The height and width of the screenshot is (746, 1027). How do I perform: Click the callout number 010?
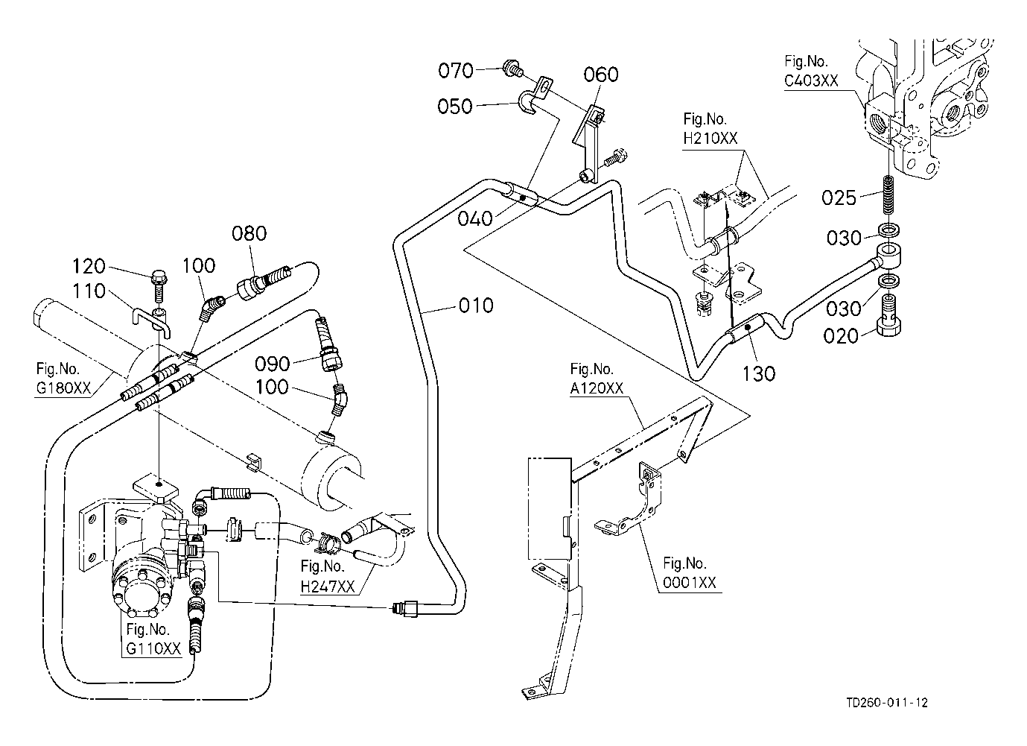[x=477, y=306]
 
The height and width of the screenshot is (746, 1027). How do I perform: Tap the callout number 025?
[x=839, y=197]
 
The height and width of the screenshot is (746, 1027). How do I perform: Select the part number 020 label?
[x=841, y=336]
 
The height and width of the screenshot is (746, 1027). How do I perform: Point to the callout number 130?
[x=759, y=373]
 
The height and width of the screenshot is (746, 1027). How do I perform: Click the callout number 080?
[x=249, y=233]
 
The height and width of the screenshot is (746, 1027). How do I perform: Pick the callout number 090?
[x=272, y=364]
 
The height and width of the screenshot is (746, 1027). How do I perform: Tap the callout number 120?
[x=90, y=267]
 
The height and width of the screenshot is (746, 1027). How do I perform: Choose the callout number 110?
[x=90, y=291]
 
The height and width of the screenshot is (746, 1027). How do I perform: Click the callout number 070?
[x=456, y=71]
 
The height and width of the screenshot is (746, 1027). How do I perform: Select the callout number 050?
[x=456, y=107]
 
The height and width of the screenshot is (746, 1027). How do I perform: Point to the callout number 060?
[x=601, y=75]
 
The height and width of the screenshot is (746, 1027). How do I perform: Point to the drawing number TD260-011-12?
[x=887, y=703]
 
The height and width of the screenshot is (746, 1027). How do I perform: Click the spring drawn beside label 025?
[x=888, y=193]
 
